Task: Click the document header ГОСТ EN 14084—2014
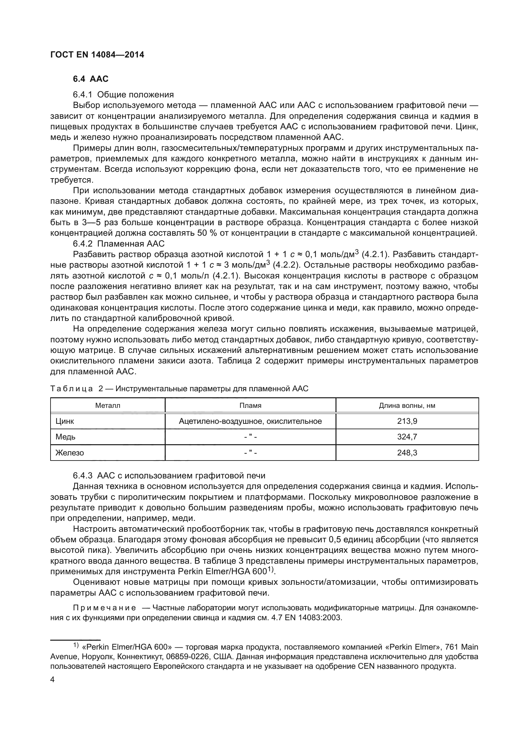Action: (97, 55)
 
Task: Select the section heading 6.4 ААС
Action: (91, 79)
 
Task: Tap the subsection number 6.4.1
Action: (83, 95)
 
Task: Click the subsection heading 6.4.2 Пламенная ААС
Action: (119, 244)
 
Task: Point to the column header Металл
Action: (107, 405)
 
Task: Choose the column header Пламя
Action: (250, 405)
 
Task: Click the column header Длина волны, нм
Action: (407, 405)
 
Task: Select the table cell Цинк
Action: (65, 421)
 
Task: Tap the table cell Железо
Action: (69, 453)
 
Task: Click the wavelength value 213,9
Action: (407, 421)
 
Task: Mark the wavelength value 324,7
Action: (407, 437)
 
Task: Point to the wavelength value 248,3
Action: (407, 453)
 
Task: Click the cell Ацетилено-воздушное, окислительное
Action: (250, 421)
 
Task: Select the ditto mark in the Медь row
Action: (250, 437)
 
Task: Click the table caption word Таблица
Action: (72, 389)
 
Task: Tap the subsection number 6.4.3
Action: (83, 476)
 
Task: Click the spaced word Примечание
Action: (104, 608)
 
